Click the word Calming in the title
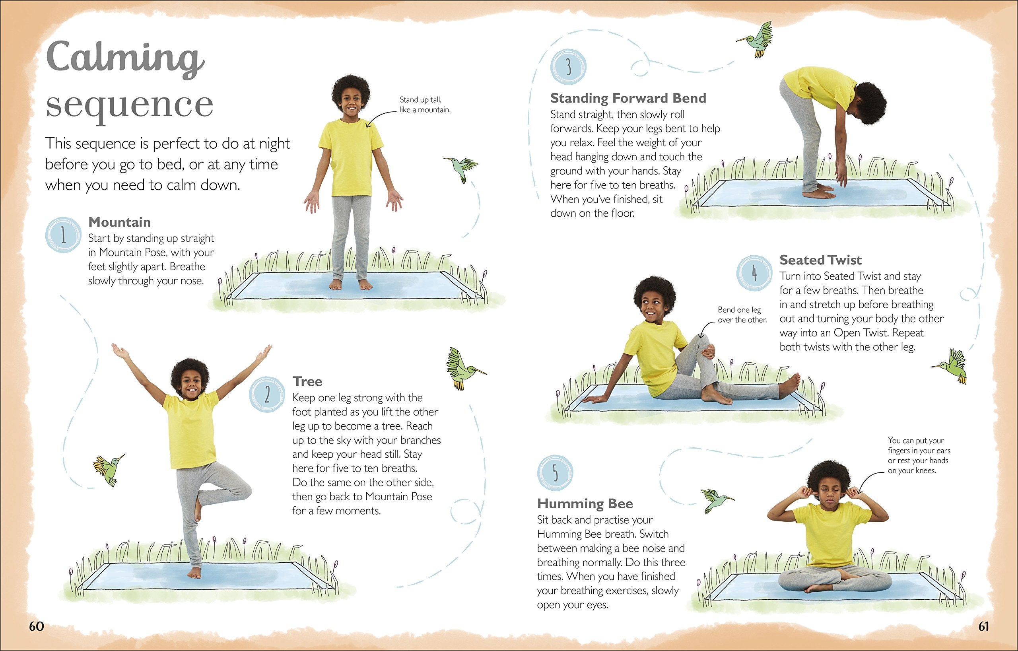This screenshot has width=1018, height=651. pos(125,59)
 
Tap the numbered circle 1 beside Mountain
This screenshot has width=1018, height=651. pos(63,235)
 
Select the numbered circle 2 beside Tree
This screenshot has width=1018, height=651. pos(267,395)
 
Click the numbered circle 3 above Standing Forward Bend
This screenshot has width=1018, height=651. pos(569,67)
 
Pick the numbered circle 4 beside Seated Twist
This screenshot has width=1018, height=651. pos(754,273)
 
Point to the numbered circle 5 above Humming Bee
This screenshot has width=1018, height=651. pos(555,473)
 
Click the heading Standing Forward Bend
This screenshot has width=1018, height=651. pos(628,98)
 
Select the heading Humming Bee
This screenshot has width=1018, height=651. pos(585,503)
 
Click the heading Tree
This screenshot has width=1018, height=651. pos(307,381)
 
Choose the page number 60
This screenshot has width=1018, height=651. pos(36,626)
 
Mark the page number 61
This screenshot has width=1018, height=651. pos(984,626)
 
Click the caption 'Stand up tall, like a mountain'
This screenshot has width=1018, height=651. pos(425,105)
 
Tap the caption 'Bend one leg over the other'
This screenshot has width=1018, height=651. pos(742,315)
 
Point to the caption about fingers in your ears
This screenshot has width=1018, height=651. pos(918,455)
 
